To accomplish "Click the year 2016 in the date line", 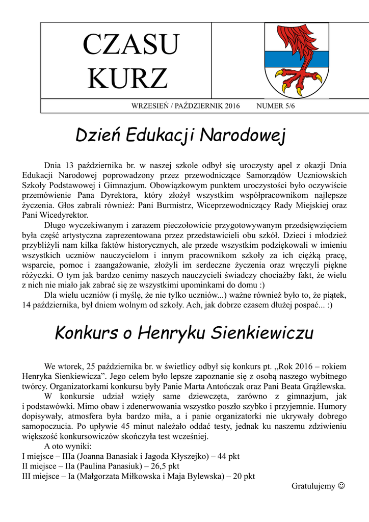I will coord(231,106).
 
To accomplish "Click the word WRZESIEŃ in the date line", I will coord(150,106).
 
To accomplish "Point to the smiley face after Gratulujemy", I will coord(341,486).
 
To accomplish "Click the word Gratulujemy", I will coord(313,486).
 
